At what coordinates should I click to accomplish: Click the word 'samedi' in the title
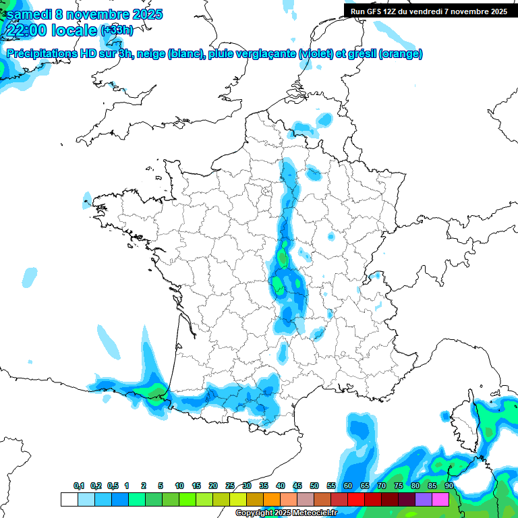[28, 14]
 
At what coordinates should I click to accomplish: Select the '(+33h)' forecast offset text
[117, 30]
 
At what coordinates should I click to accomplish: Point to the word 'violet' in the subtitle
[315, 53]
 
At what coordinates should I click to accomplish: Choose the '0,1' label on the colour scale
[79, 486]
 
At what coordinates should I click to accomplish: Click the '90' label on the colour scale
[449, 486]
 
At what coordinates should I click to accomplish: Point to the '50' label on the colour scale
[314, 486]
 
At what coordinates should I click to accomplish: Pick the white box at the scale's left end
[69, 499]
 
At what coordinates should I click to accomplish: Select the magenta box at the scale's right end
[440, 499]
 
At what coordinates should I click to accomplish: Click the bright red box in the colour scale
[356, 499]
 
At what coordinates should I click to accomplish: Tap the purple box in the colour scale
[424, 499]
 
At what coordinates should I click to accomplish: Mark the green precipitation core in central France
[283, 258]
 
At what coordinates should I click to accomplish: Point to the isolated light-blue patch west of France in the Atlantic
[30, 277]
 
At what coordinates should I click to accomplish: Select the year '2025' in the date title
[143, 14]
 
